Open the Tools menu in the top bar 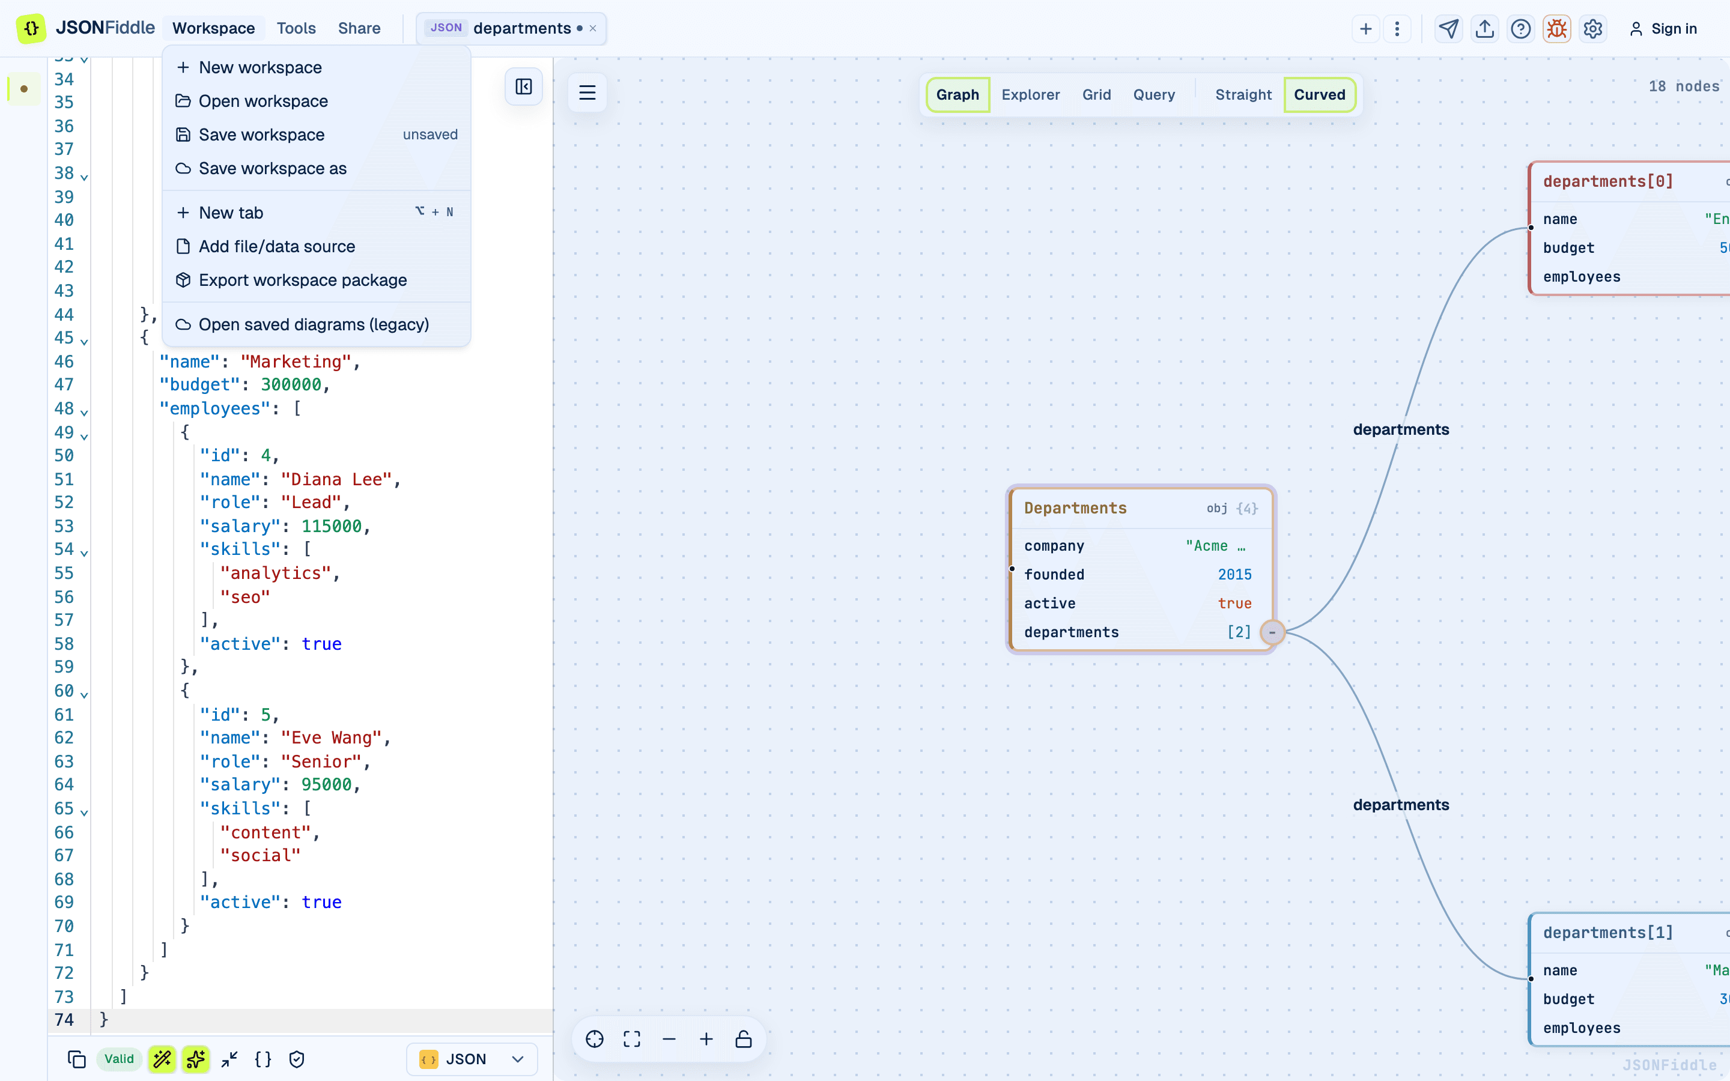[x=296, y=29]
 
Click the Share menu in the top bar [x=359, y=29]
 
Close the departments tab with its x [x=593, y=29]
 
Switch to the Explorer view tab [x=1030, y=94]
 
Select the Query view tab [x=1154, y=94]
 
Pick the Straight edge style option [x=1243, y=94]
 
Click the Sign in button [x=1663, y=29]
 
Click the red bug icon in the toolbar [x=1556, y=29]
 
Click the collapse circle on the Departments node [x=1272, y=632]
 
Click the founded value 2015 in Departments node [x=1234, y=575]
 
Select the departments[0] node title [x=1607, y=181]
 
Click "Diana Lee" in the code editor [x=336, y=479]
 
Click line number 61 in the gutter [x=64, y=714]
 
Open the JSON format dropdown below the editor [x=472, y=1059]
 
